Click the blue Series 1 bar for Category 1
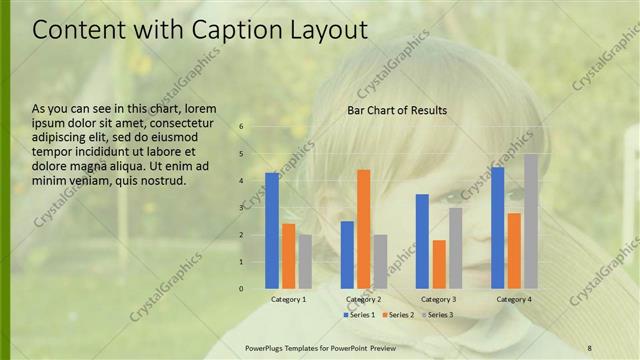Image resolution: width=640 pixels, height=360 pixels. click(x=271, y=230)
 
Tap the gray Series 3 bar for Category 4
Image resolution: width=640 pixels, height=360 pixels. click(x=530, y=221)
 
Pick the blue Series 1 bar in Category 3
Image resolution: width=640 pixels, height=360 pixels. click(x=422, y=241)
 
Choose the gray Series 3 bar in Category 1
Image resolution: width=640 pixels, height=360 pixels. click(x=304, y=261)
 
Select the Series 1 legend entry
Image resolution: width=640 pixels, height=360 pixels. click(x=361, y=315)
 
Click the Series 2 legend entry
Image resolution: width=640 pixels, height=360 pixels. click(x=398, y=315)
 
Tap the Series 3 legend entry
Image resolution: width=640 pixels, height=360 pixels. click(x=436, y=315)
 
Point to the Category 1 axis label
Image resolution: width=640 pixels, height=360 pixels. click(x=288, y=299)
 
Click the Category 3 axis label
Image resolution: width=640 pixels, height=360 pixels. click(x=439, y=299)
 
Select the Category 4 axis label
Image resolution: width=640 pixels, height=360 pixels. click(x=514, y=299)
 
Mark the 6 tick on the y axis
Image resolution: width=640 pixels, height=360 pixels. click(x=241, y=127)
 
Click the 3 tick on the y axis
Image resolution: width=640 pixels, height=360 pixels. click(x=241, y=208)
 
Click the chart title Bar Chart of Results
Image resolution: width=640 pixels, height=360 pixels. click(x=397, y=110)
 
